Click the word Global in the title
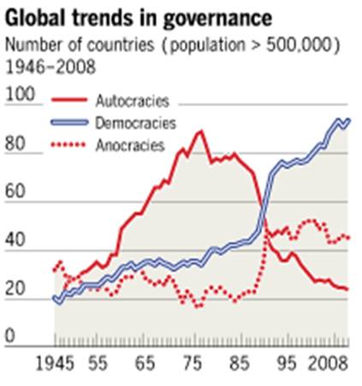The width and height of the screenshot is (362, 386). click(x=36, y=18)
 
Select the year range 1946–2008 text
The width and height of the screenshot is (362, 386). click(x=51, y=64)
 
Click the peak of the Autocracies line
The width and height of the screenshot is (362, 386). click(x=200, y=131)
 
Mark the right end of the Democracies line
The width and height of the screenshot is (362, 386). click(x=348, y=120)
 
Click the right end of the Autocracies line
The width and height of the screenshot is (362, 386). click(x=347, y=288)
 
